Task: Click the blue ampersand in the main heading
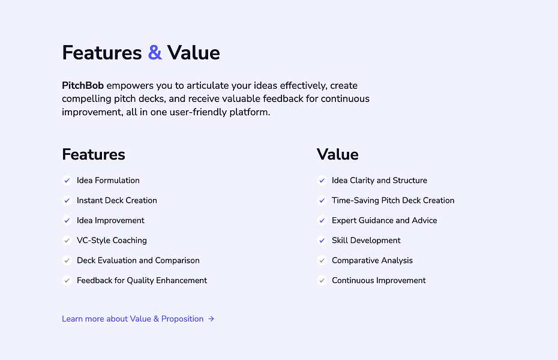click(155, 53)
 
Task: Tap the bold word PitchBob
click(83, 86)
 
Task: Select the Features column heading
click(94, 154)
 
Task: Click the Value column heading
click(337, 154)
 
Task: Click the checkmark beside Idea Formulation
click(67, 180)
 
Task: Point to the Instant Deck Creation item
click(117, 200)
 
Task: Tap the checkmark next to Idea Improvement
click(67, 220)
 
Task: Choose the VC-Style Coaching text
click(112, 241)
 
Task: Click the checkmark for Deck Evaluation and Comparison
click(67, 260)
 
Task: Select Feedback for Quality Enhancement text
click(142, 280)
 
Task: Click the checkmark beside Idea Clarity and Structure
click(322, 180)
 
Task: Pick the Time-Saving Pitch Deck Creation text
click(393, 200)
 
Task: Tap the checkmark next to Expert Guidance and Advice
click(322, 220)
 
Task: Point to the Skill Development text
click(366, 241)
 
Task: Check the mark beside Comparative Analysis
click(322, 260)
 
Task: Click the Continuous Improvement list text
click(379, 280)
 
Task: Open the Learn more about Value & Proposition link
click(133, 319)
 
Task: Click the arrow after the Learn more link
click(211, 319)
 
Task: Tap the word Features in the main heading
click(101, 53)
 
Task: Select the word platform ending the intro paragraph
click(250, 112)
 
